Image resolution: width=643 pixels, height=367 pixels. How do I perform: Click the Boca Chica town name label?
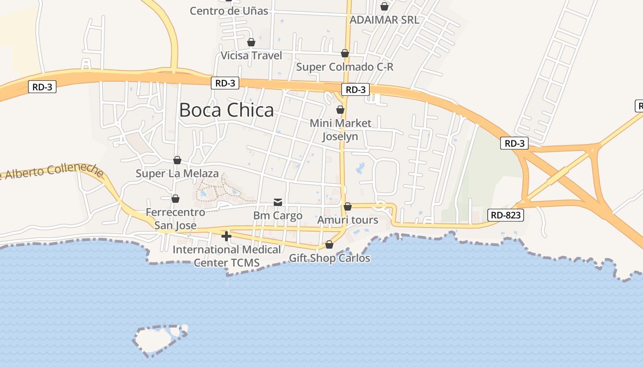click(226, 110)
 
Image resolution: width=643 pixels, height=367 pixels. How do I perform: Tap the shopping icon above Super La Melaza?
click(177, 160)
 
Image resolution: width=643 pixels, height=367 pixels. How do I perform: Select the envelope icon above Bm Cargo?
click(278, 202)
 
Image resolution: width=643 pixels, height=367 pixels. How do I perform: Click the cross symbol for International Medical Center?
click(226, 236)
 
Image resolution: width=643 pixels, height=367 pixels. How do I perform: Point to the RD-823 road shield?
click(506, 215)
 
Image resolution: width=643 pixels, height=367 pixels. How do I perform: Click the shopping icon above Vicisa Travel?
click(251, 43)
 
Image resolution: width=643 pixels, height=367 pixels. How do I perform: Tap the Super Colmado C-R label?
click(344, 67)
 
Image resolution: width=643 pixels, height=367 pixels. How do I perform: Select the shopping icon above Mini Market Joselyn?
click(340, 110)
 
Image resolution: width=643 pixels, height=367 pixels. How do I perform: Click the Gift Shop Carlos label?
click(329, 258)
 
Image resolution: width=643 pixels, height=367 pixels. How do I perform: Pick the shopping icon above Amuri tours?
click(348, 206)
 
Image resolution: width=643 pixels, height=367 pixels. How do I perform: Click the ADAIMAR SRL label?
click(384, 20)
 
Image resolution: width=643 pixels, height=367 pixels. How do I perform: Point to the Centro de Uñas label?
click(229, 11)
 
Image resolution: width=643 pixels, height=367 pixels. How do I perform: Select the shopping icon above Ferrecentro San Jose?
click(175, 199)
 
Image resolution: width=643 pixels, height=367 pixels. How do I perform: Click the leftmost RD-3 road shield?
click(42, 87)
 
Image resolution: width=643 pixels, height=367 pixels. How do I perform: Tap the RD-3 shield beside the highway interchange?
click(514, 143)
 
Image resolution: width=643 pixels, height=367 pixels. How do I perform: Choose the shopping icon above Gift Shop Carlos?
click(329, 245)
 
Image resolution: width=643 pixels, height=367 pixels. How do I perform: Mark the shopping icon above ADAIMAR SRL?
click(384, 6)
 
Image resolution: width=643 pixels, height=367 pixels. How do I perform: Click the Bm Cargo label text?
click(278, 216)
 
